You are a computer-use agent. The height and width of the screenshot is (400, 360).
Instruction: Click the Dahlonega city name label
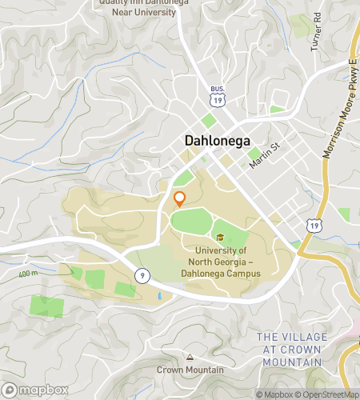coord(217,141)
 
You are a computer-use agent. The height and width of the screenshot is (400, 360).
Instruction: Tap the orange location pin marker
coord(179,198)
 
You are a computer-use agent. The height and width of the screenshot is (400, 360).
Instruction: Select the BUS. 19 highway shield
coord(217,96)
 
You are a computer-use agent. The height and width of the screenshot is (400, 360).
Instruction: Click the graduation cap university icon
coord(219,238)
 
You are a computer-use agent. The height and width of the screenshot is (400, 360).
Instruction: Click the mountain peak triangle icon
coord(190,357)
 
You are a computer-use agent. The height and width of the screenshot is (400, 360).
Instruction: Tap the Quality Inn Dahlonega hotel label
coord(137,6)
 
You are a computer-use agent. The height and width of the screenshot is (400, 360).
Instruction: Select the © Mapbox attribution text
coord(274,394)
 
